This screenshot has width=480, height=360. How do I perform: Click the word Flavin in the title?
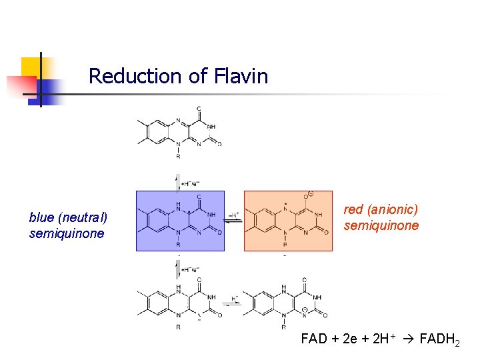(241, 76)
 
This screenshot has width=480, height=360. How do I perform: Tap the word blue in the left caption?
(42, 218)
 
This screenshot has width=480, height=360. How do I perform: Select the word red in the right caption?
(353, 210)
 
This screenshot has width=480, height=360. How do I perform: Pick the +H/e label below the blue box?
(191, 270)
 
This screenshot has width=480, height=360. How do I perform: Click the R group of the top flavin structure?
(178, 157)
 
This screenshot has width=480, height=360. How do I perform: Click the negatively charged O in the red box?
(307, 196)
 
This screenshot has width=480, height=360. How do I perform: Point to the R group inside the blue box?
(178, 245)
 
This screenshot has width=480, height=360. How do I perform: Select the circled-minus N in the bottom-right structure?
(305, 311)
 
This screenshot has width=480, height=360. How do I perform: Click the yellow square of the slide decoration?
(32, 67)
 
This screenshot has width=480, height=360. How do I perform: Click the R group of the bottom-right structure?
(285, 327)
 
